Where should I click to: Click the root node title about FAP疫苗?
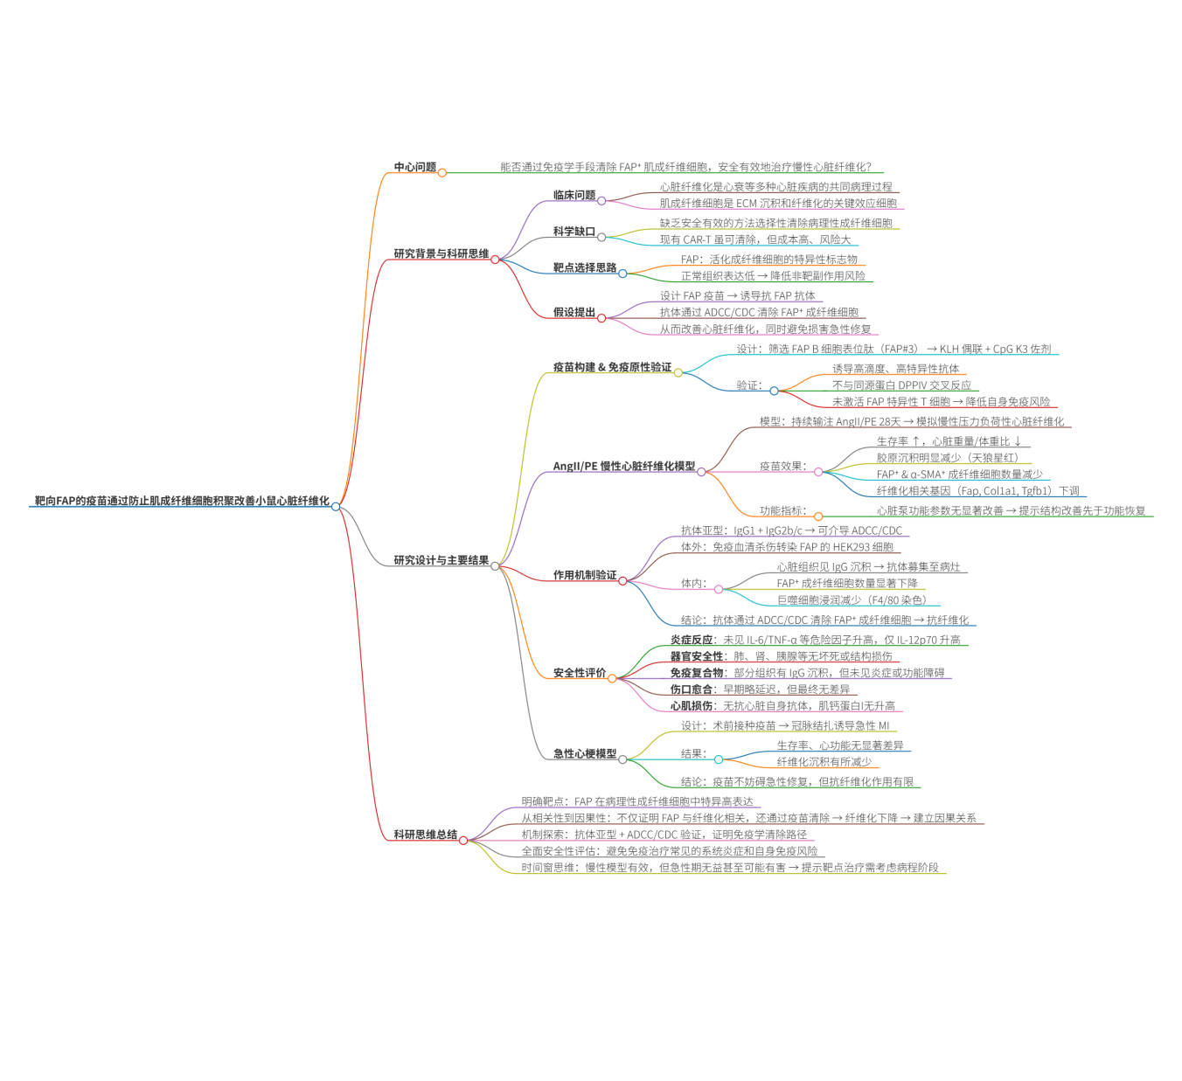(182, 501)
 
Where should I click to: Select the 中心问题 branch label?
(414, 167)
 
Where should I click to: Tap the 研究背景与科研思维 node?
(441, 253)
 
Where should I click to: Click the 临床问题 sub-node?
(574, 195)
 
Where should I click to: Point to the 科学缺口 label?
(574, 232)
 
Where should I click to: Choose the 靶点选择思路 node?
(584, 267)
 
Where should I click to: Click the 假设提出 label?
(574, 312)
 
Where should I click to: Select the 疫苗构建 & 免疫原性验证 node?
(612, 367)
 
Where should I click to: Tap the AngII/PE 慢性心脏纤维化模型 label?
(623, 466)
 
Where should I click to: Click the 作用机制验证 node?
(584, 575)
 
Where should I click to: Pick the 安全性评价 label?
(579, 673)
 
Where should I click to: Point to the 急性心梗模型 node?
(584, 753)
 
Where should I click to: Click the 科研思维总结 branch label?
(425, 835)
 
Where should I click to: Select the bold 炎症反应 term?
(691, 640)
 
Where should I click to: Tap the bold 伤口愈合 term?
(691, 689)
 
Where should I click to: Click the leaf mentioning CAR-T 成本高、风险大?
(754, 239)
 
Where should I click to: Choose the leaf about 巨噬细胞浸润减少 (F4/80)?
(851, 600)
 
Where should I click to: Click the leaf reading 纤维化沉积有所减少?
(824, 762)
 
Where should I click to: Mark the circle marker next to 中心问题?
(442, 172)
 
